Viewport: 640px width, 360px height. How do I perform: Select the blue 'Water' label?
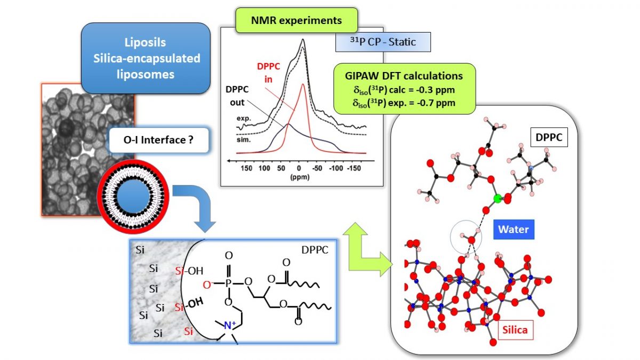514,230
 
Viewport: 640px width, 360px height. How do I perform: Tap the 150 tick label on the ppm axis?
246,169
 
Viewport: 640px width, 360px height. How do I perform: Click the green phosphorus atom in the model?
498,199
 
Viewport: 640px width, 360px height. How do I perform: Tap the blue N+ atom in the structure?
230,325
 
